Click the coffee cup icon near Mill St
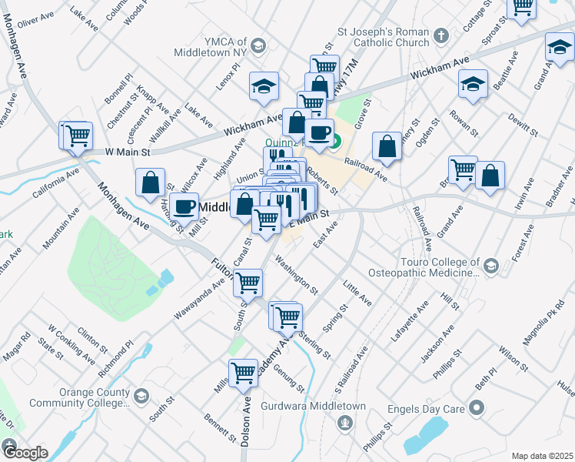pos(184,206)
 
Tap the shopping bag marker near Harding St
pos(150,183)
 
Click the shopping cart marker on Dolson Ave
pos(243,373)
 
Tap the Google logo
pos(25,453)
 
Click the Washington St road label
pos(296,280)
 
